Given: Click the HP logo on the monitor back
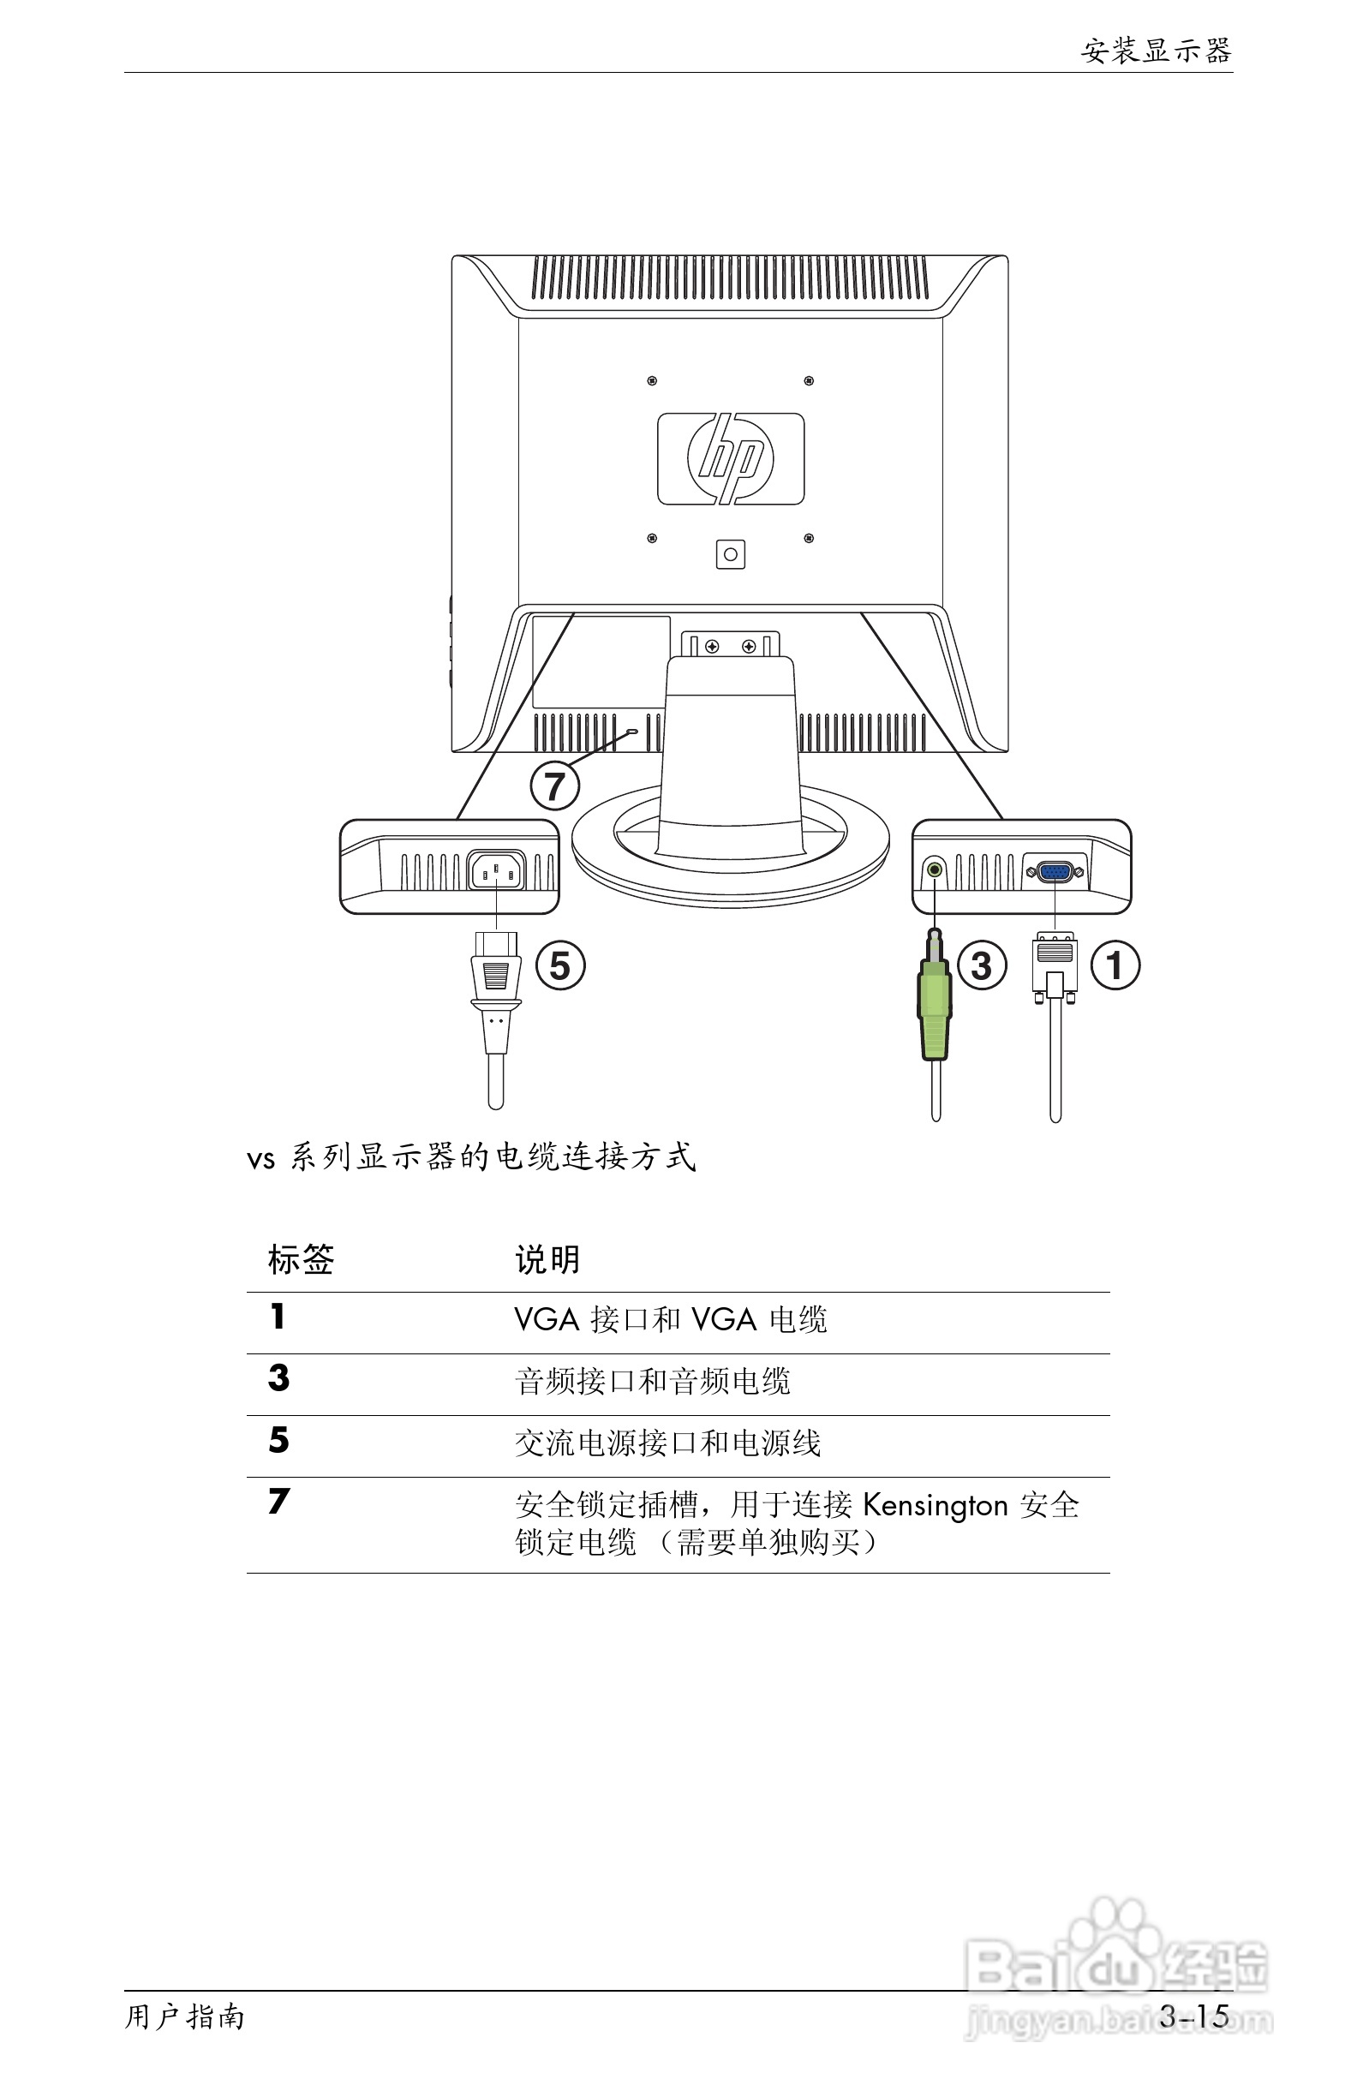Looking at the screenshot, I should point(731,459).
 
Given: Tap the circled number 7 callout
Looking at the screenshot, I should point(554,786).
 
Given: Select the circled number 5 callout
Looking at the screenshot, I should point(560,965).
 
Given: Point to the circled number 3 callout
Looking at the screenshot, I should point(982,965).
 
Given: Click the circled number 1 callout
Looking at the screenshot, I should point(1115,965).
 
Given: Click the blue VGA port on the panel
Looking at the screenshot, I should point(1055,872).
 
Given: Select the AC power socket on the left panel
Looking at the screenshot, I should point(496,871).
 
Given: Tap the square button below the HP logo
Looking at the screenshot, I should point(731,554).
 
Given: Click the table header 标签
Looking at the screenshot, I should point(301,1260).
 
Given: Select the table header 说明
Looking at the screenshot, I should point(547,1260).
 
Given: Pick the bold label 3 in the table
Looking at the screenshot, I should point(278,1378).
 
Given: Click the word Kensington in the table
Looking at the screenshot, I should point(935,1505).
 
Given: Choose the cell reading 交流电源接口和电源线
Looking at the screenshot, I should point(667,1443).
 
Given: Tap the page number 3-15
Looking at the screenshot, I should point(1194,2016).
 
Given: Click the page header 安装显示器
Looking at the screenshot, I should point(1155,51).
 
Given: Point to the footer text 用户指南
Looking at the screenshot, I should point(184,2016).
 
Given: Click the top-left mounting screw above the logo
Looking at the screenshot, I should point(652,380).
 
